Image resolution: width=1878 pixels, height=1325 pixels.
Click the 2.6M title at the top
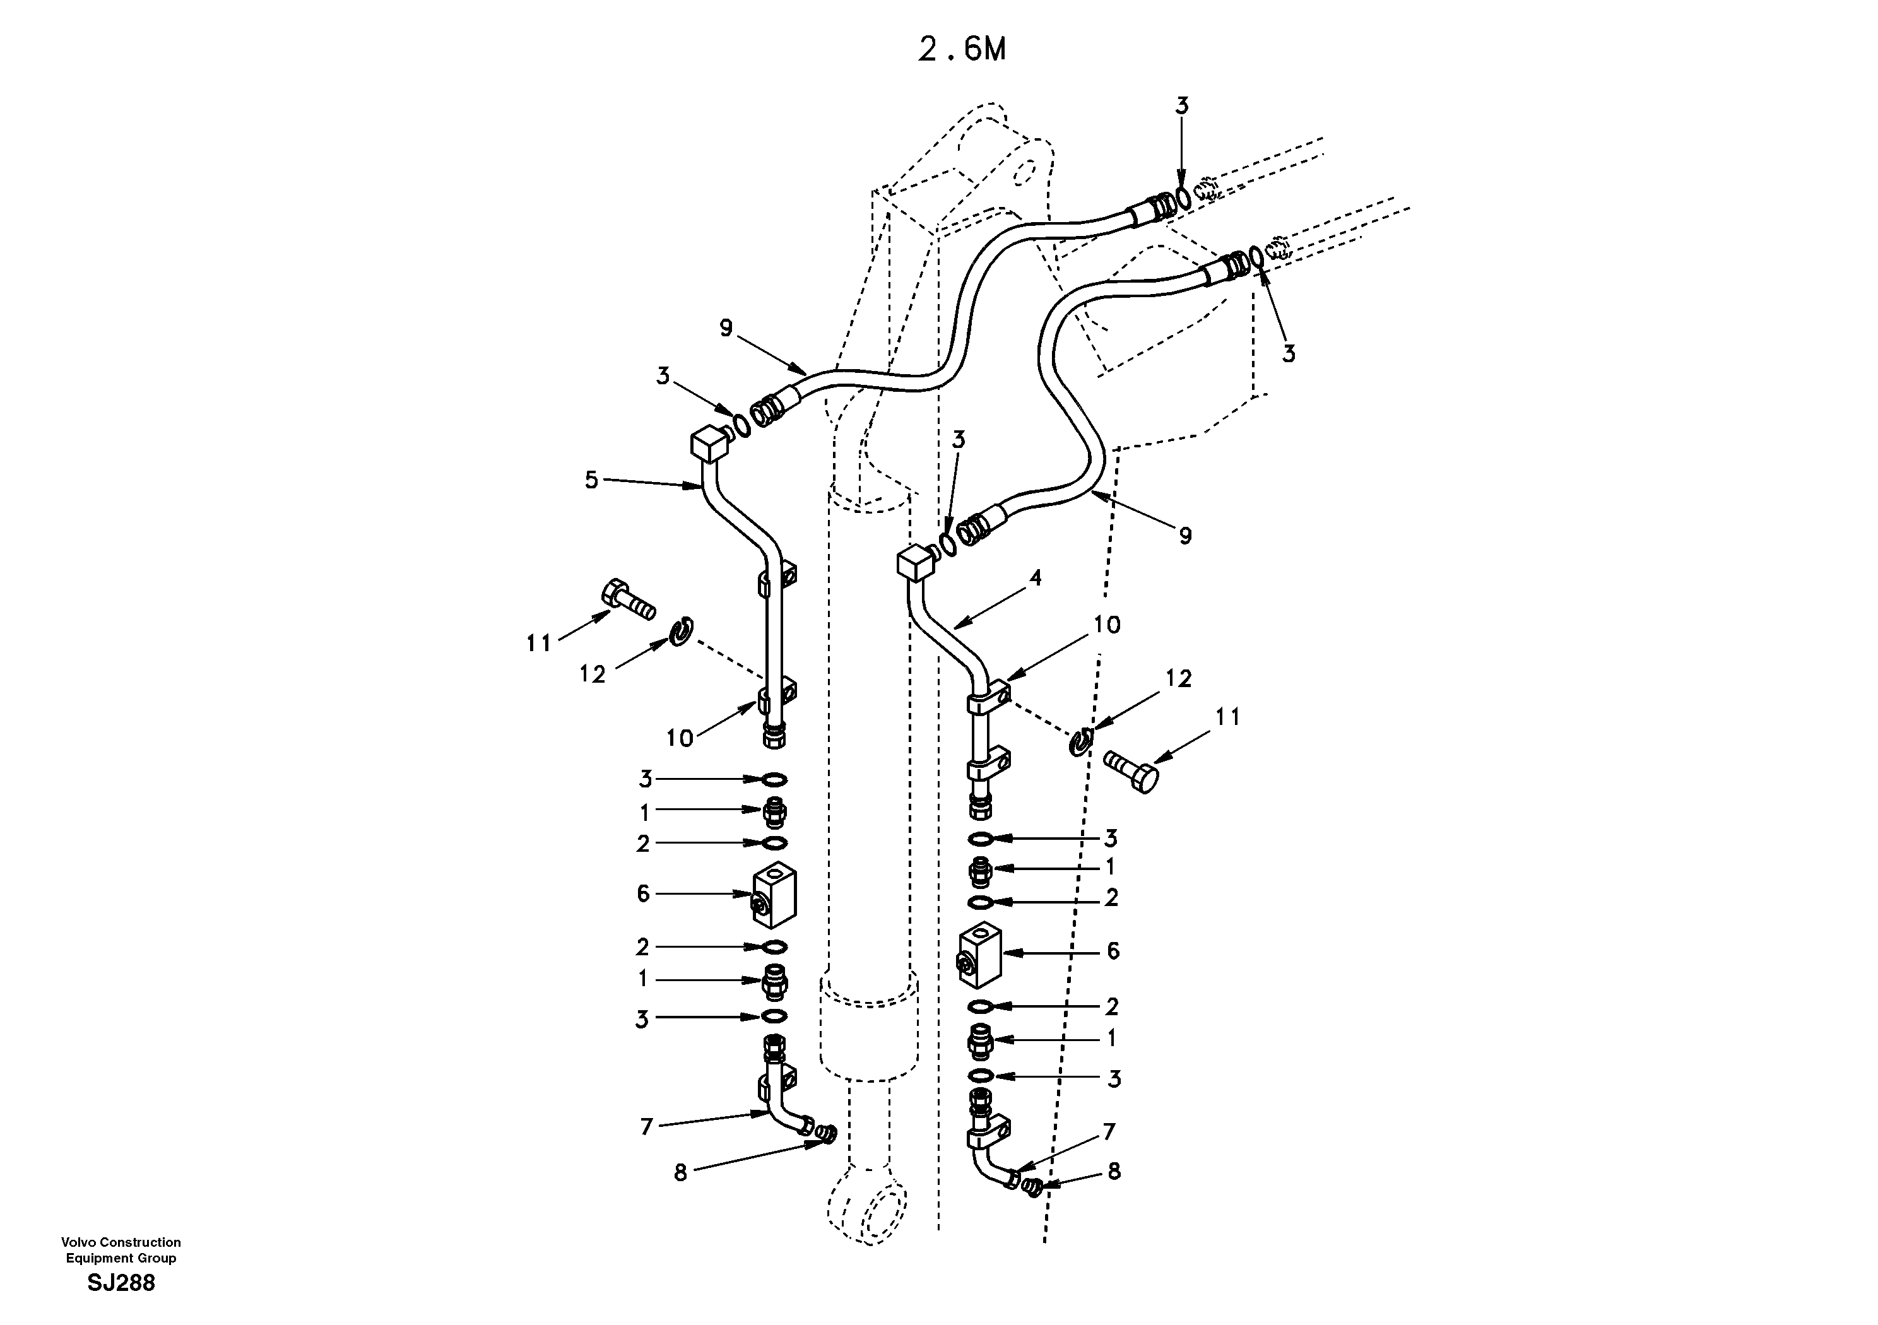[962, 50]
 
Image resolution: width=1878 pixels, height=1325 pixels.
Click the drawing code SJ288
[121, 1283]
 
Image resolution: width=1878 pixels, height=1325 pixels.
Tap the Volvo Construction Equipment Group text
[121, 1251]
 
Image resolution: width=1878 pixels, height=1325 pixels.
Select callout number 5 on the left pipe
[591, 480]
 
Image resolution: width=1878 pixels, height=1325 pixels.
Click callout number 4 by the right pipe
[1035, 578]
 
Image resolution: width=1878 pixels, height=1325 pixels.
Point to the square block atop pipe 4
[915, 563]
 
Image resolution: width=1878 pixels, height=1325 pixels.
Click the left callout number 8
[680, 1174]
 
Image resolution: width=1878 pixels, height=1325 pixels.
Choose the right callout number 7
[1109, 1132]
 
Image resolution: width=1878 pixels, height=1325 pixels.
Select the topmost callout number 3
[1182, 105]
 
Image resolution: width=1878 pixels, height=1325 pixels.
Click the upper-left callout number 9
[726, 328]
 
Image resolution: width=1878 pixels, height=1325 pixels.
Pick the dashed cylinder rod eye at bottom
[867, 1211]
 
